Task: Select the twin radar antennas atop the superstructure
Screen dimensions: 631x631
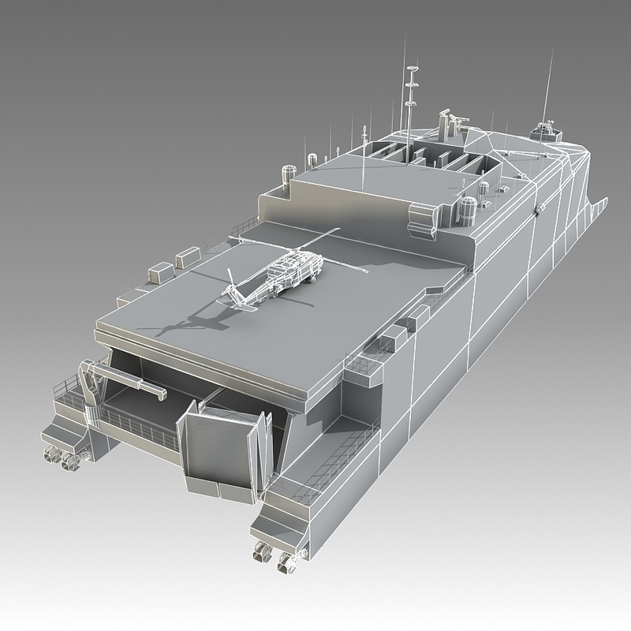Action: [x=448, y=119]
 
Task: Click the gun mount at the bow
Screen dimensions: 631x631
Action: [x=545, y=127]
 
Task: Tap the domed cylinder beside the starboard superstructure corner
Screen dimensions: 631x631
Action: [x=469, y=207]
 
